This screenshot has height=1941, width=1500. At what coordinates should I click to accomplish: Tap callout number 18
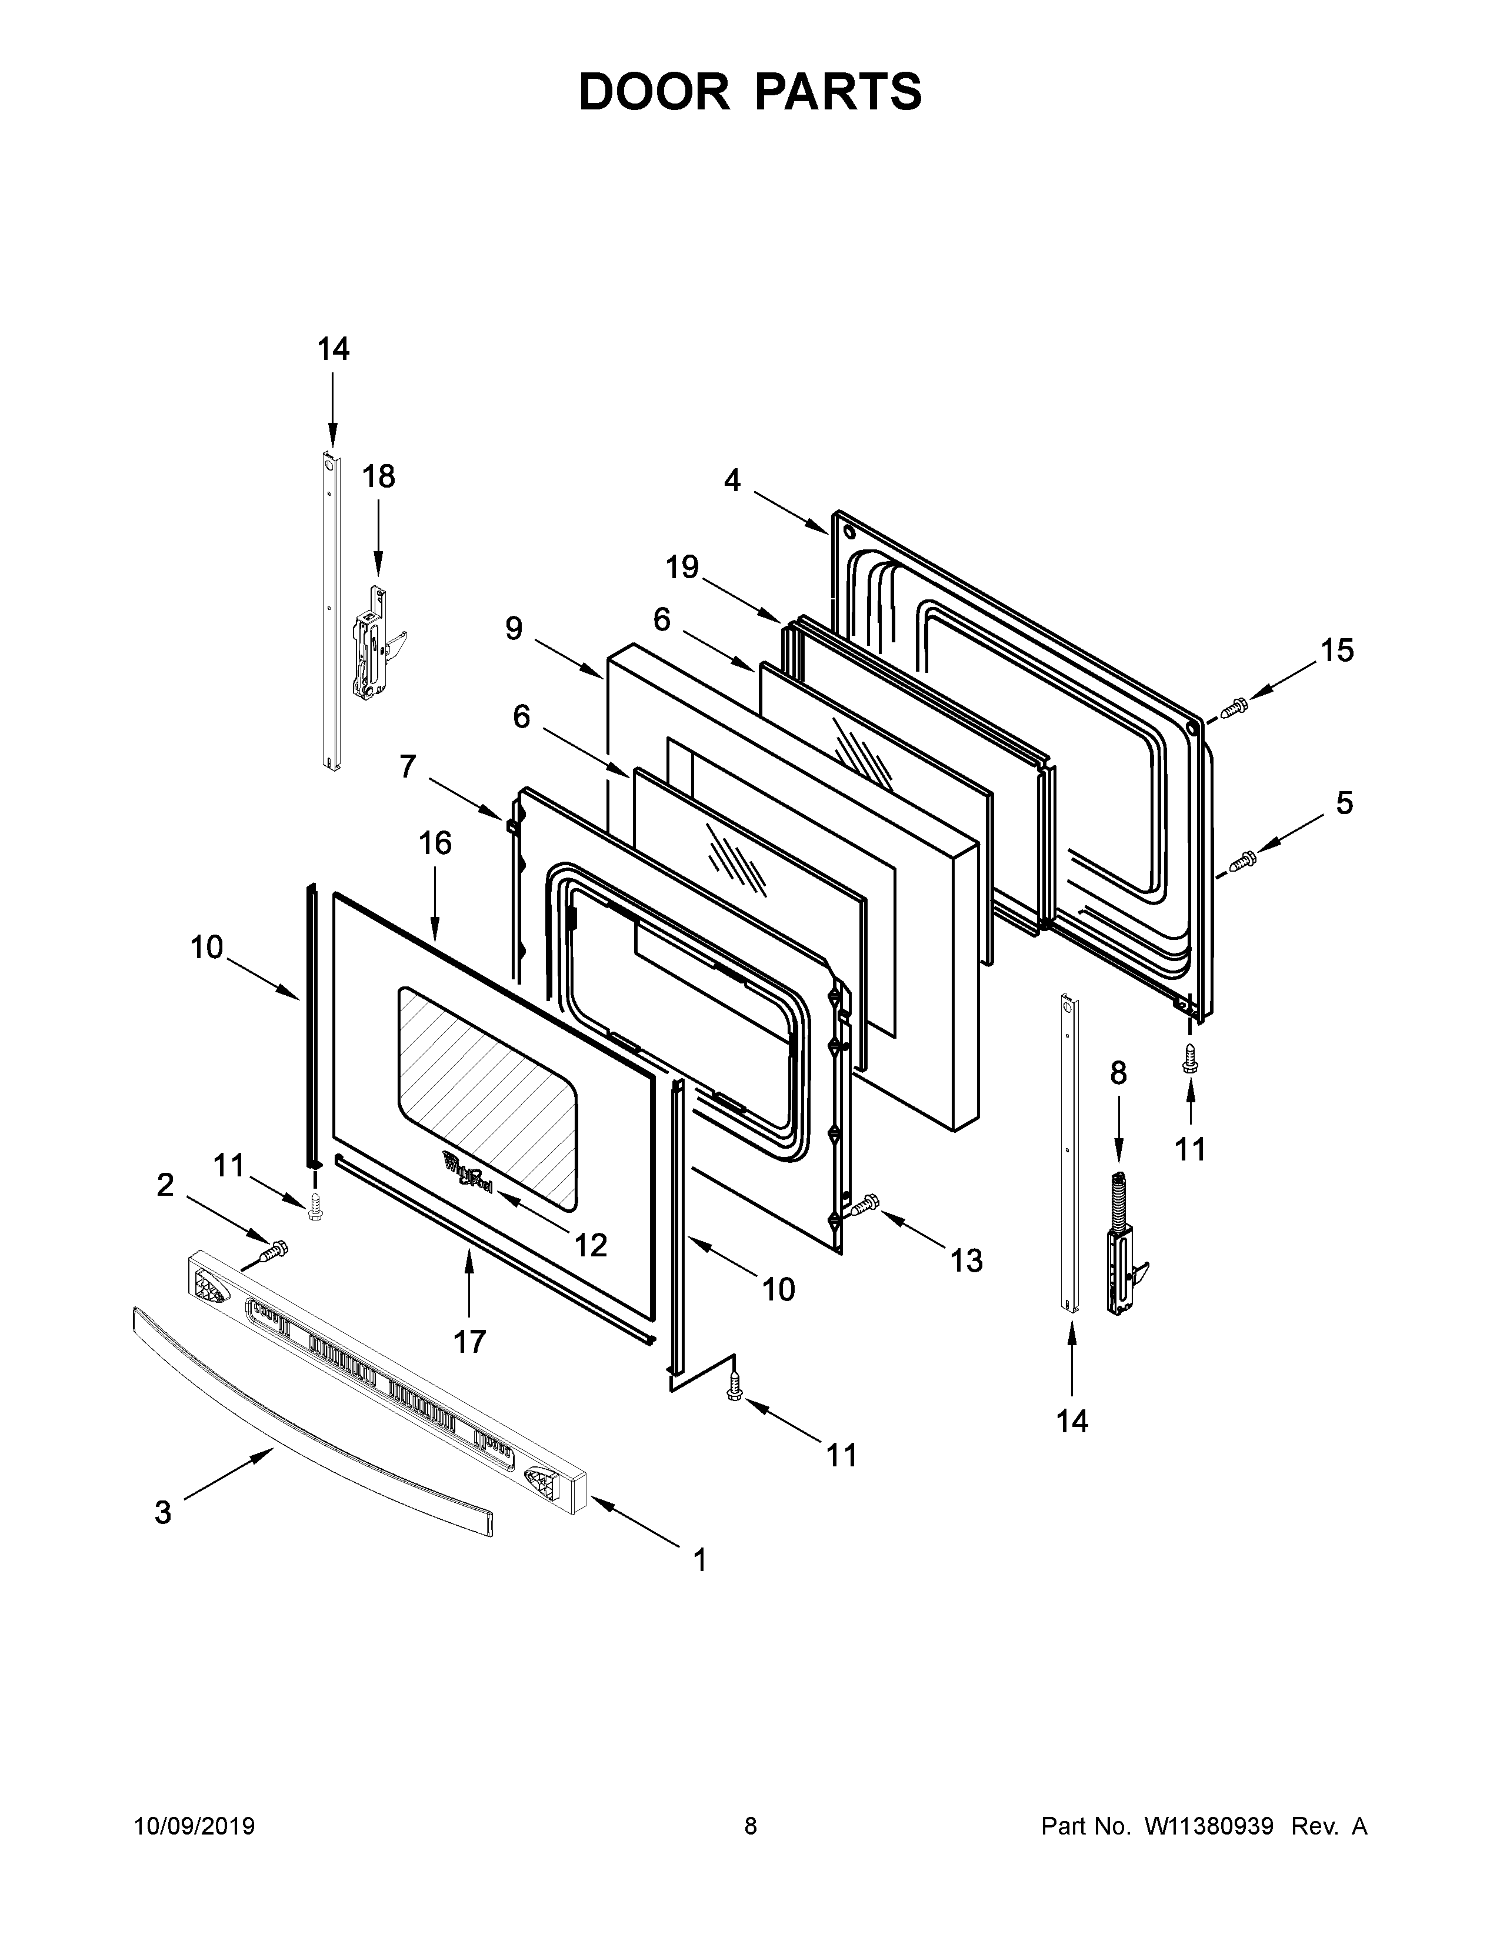click(x=379, y=477)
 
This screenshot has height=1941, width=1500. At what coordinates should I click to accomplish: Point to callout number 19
click(x=682, y=567)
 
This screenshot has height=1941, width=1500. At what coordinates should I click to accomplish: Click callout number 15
click(x=1336, y=651)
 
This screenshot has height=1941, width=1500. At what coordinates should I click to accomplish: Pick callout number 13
click(x=967, y=1260)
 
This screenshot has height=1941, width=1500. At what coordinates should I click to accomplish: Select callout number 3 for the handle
click(x=162, y=1512)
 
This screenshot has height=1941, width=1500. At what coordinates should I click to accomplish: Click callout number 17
click(x=470, y=1341)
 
